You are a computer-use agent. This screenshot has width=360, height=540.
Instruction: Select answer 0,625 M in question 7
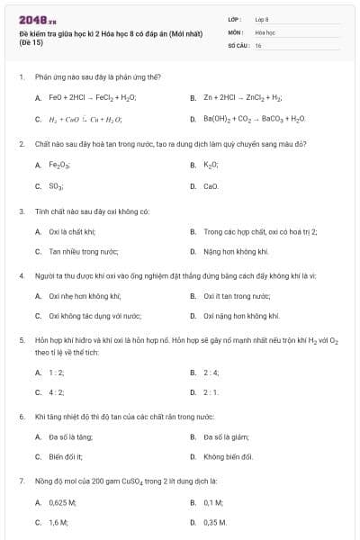63,505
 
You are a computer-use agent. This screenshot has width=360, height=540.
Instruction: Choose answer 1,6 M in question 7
58,522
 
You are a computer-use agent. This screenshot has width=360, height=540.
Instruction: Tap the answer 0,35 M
215,522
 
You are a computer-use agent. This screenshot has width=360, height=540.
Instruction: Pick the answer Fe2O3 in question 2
59,166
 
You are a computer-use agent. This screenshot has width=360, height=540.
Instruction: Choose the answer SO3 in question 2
56,186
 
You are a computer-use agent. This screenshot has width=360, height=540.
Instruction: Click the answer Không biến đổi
228,457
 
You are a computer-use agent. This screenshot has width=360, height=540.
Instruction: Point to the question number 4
21,275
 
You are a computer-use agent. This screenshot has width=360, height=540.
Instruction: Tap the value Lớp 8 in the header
262,19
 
